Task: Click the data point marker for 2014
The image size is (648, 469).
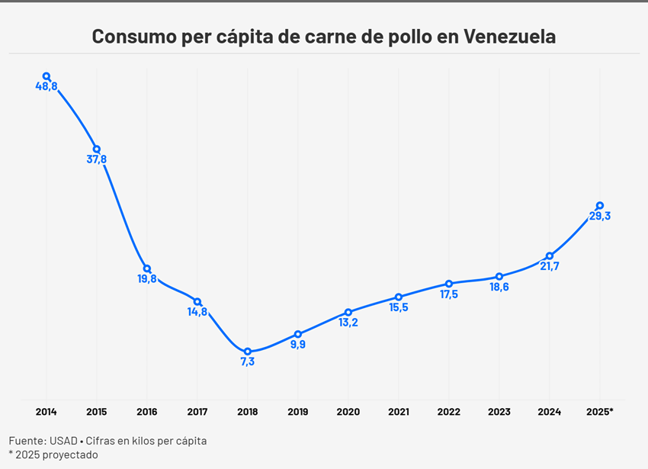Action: point(47,76)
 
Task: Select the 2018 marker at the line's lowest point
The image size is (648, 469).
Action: point(248,352)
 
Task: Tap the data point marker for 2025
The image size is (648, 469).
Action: point(600,205)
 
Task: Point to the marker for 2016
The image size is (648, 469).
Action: point(147,268)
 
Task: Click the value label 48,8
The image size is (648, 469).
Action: point(47,87)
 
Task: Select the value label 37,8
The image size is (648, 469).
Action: point(97,159)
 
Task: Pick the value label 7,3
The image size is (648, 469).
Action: point(248,362)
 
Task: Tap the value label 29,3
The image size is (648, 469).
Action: point(600,216)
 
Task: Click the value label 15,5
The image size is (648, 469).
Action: point(399,307)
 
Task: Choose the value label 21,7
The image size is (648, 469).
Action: point(550,266)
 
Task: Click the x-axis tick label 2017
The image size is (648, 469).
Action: point(197,412)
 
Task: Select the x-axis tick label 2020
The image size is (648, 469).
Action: point(348,412)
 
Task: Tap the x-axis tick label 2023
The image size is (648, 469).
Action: point(499,412)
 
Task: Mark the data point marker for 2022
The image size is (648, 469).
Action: point(449,284)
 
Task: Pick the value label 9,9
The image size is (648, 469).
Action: point(298,345)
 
